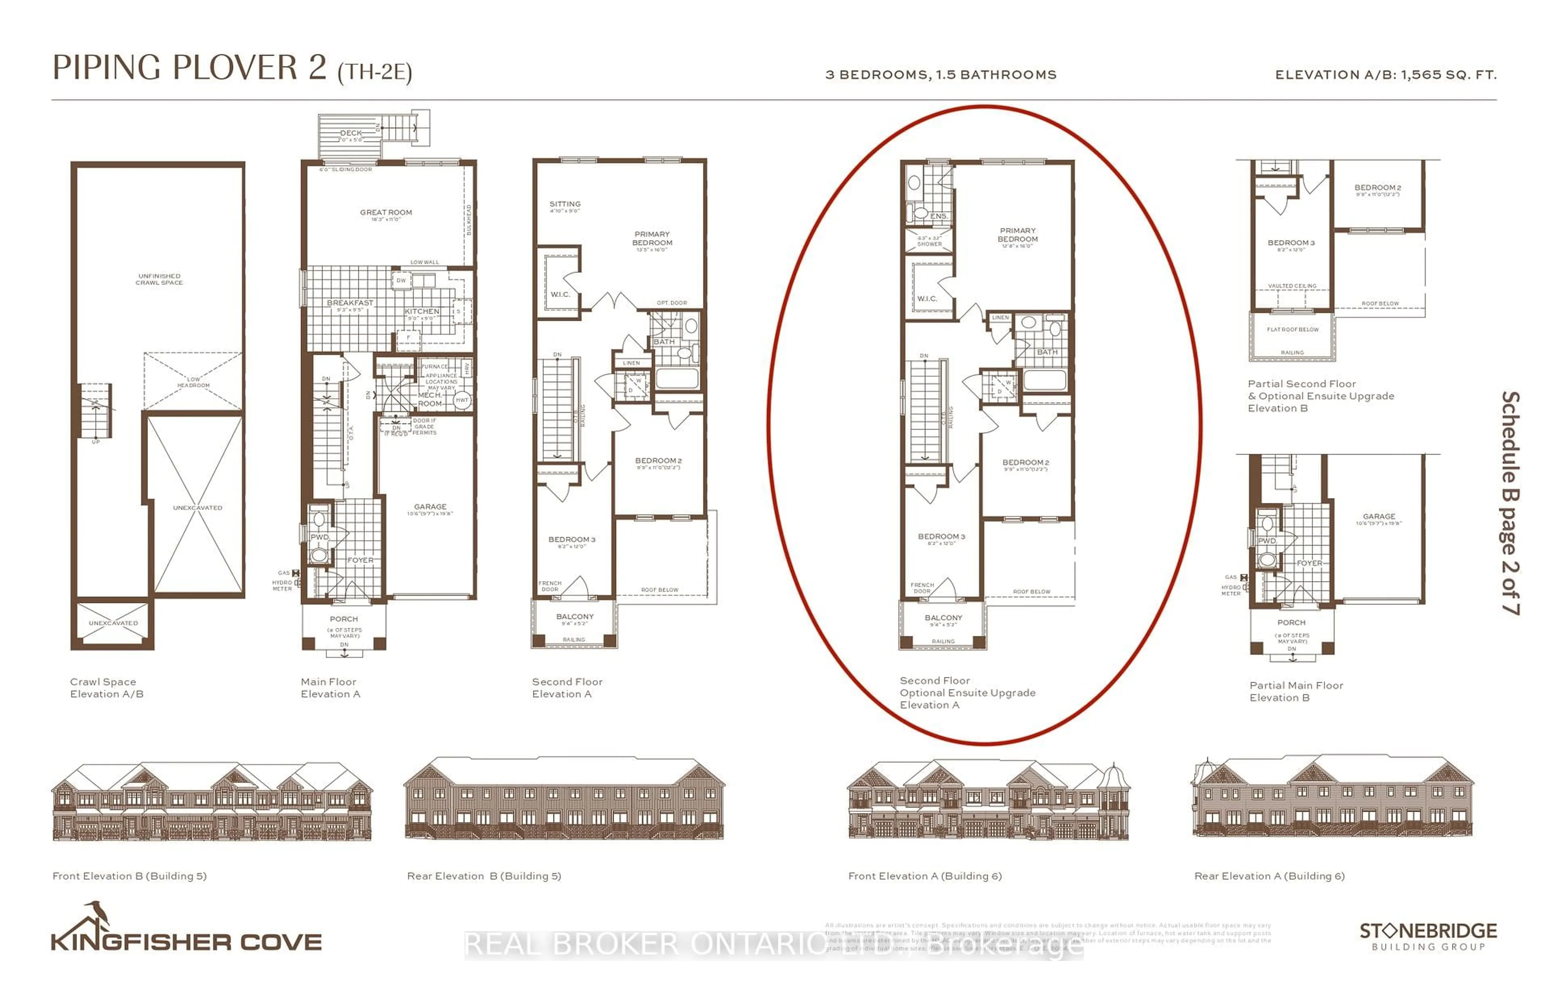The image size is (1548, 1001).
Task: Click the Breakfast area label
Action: (x=350, y=303)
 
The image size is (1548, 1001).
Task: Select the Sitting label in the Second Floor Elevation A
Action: (x=564, y=204)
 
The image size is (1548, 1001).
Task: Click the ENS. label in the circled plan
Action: (x=938, y=216)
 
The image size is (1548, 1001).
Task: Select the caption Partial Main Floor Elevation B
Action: (x=1295, y=692)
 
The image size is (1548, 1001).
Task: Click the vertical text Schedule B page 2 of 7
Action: (x=1510, y=503)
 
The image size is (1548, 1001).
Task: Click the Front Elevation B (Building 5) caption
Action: (x=129, y=876)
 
